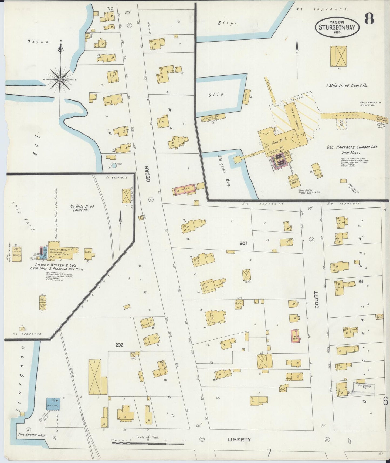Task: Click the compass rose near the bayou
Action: tap(60, 79)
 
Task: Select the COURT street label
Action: tap(317, 300)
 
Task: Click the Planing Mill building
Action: tap(294, 180)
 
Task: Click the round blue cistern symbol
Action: tap(114, 166)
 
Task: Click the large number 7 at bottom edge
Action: tap(269, 452)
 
